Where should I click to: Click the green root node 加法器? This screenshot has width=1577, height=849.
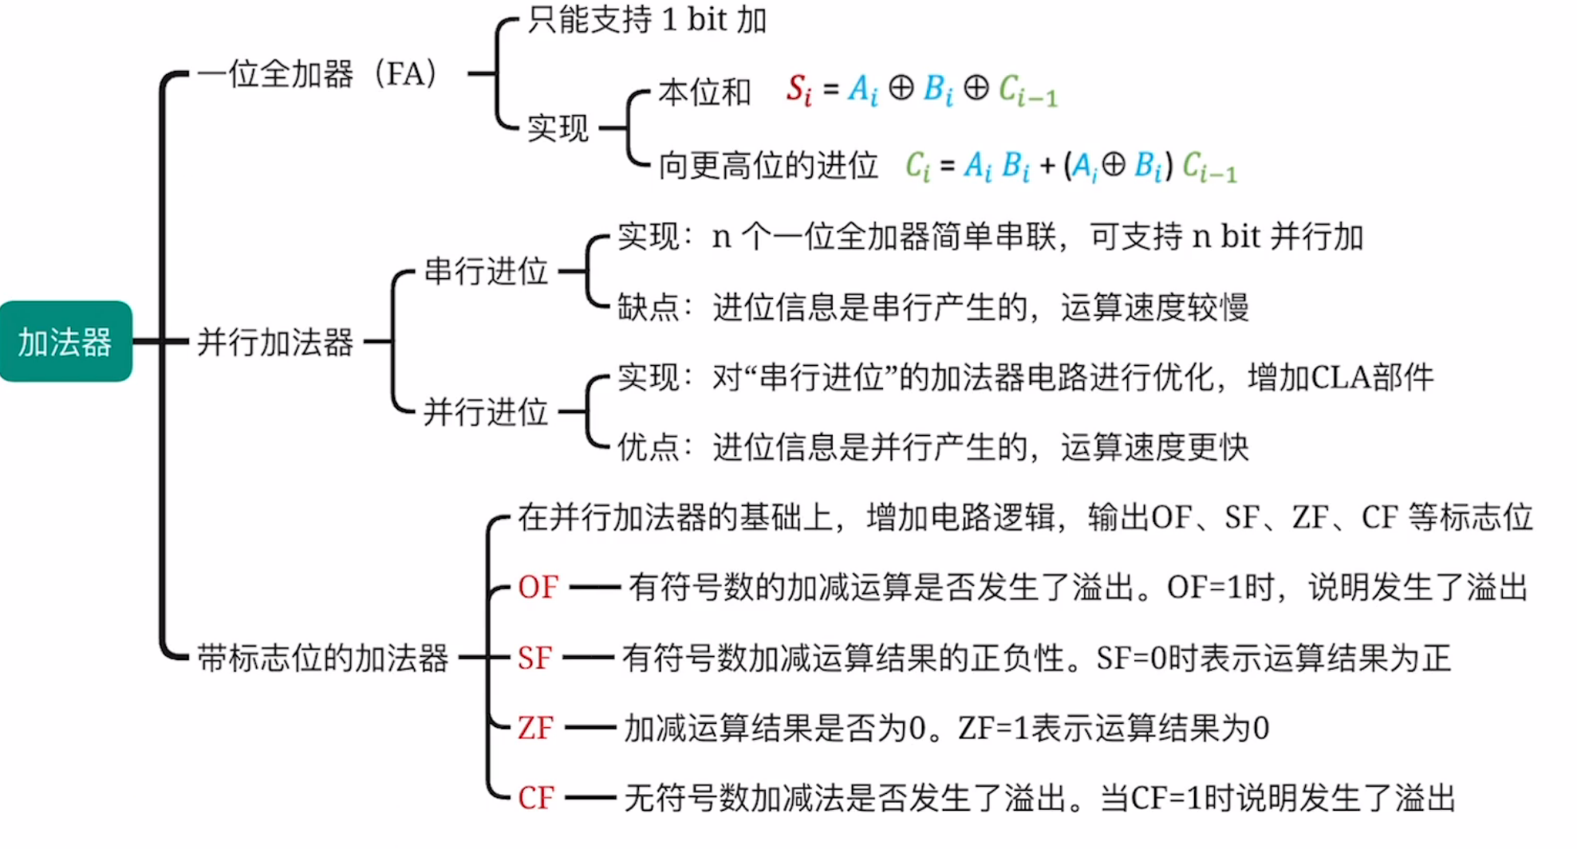65,341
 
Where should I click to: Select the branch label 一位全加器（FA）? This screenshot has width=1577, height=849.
317,74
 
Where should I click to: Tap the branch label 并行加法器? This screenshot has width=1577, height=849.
275,342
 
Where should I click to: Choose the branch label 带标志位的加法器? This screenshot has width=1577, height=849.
322,658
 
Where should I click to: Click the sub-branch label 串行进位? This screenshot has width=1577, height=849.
485,271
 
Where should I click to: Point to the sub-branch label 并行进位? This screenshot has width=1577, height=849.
485,412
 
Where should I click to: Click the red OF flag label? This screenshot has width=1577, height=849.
538,588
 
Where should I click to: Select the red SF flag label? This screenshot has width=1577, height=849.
534,658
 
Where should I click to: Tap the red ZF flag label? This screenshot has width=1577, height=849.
535,728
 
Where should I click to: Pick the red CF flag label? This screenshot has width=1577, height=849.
535,798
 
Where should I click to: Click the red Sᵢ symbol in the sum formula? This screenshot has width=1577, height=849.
798,89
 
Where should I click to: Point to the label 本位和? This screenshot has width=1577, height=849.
704,92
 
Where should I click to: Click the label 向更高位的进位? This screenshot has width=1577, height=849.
767,166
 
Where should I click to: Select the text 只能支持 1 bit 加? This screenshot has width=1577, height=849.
646,20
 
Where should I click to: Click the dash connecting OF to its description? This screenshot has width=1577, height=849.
595,588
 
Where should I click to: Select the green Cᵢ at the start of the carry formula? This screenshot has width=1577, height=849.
917,166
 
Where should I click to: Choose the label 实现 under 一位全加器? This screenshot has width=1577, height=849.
558,128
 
